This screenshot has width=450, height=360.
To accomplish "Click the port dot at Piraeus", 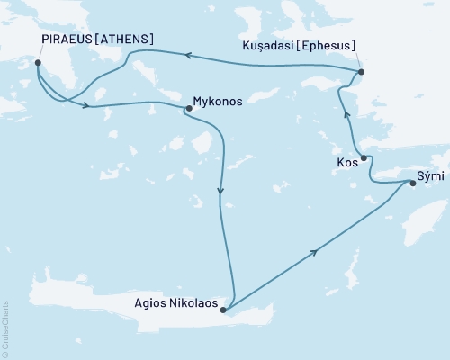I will (x=37, y=63).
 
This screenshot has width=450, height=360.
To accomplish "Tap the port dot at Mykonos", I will (x=188, y=109).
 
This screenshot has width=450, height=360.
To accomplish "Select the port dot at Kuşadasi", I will (x=360, y=72).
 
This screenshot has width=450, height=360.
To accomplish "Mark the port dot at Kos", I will (x=364, y=158).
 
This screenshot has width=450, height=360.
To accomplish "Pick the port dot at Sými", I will (x=413, y=184).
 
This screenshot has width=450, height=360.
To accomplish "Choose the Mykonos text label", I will (x=219, y=102).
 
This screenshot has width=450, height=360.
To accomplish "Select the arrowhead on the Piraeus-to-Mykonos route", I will (x=86, y=106).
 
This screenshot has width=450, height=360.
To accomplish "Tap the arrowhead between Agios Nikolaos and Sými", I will (x=313, y=254).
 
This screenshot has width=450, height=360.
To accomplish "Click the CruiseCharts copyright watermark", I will (x=5, y=328).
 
